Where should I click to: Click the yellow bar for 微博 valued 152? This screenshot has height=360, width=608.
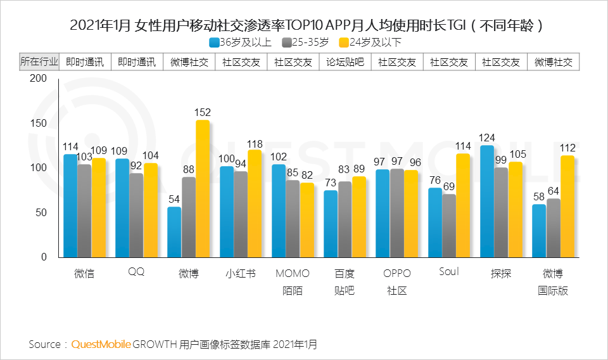pyautogui.click(x=202, y=189)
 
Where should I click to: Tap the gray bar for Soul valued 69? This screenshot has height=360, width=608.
pyautogui.click(x=449, y=226)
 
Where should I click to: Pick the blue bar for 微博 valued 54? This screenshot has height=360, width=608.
pyautogui.click(x=174, y=232)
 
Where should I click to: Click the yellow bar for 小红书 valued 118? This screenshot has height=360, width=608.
pyautogui.click(x=254, y=204)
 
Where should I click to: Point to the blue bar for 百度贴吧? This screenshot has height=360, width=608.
pyautogui.click(x=331, y=224)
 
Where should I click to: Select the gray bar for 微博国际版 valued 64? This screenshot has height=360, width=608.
pyautogui.click(x=553, y=228)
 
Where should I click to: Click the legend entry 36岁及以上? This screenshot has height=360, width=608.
pyautogui.click(x=241, y=42)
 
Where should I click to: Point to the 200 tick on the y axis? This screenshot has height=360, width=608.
pyautogui.click(x=39, y=79)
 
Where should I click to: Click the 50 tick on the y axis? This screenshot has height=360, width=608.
pyautogui.click(x=42, y=212)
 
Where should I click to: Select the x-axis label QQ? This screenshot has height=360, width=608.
pyautogui.click(x=136, y=273)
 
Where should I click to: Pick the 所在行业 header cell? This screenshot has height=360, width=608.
pyautogui.click(x=39, y=62)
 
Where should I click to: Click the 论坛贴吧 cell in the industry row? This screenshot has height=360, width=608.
pyautogui.click(x=345, y=62)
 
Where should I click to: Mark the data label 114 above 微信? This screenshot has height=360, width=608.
pyautogui.click(x=70, y=146)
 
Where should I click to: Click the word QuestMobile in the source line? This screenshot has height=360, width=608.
pyautogui.click(x=101, y=345)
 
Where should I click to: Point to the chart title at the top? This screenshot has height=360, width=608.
pyautogui.click(x=305, y=25)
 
